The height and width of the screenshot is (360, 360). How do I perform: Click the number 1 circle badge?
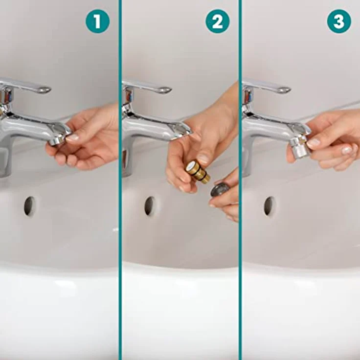(x=97, y=22)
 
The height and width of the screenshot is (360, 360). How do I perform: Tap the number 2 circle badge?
(x=217, y=22)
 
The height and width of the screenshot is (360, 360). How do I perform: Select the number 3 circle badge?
(x=338, y=22)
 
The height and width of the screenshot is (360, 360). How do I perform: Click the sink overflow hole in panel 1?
(x=30, y=206)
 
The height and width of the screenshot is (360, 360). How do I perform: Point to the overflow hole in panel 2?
(x=150, y=205)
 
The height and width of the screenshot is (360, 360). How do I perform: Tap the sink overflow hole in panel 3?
(x=270, y=206)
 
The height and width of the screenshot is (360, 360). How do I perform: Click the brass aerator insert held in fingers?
(x=197, y=172)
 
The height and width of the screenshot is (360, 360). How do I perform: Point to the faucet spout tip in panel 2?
(x=180, y=130)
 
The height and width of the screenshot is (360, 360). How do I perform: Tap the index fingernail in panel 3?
(x=314, y=143)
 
